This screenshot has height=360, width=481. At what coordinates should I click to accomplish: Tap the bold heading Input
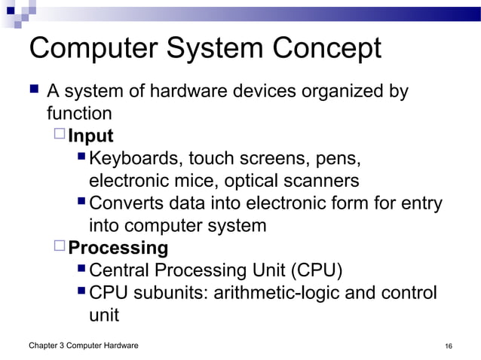click(90, 136)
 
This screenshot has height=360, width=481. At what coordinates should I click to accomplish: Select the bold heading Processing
click(118, 248)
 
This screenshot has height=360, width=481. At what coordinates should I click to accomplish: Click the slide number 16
click(449, 346)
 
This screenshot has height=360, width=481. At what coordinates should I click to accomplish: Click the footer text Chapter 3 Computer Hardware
click(83, 346)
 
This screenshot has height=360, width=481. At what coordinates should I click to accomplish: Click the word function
click(79, 114)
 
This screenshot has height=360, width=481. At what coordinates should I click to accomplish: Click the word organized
click(338, 92)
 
